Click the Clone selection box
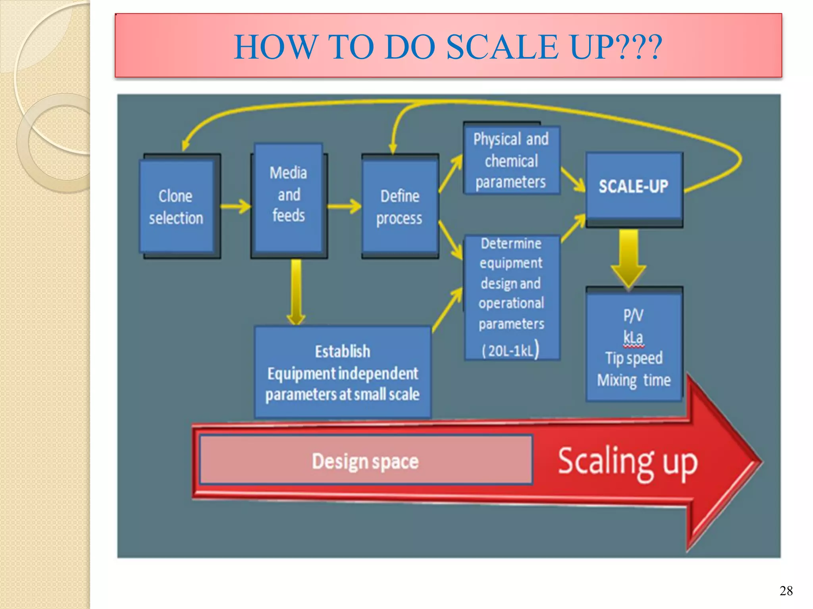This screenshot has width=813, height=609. coord(177,206)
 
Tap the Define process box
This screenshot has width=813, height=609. coord(400,206)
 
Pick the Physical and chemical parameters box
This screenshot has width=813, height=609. coord(511,160)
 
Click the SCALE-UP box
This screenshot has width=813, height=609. coord(634,186)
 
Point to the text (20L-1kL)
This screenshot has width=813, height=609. coord(511,350)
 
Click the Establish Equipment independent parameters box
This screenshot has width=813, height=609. coord(342,372)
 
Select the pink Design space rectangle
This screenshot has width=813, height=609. coord(366,460)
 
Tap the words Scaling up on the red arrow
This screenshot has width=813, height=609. coord(627,462)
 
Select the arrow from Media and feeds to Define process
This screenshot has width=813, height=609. coord(344,206)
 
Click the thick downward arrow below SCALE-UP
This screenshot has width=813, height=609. coord(628,258)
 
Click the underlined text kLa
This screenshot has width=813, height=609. coord(633,337)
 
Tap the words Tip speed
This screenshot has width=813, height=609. coord(634,358)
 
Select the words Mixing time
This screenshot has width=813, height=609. coord(634,380)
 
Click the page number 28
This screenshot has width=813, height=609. coord(786,591)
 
